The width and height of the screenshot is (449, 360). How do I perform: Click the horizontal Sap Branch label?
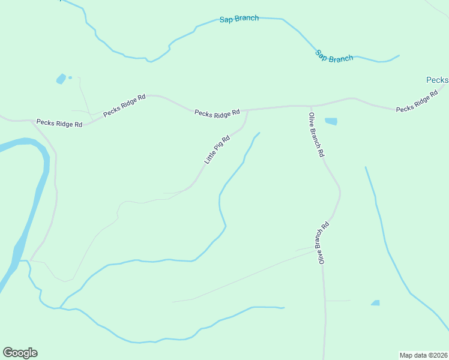pyautogui.click(x=240, y=19)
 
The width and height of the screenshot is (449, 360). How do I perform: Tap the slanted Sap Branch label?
pyautogui.click(x=334, y=56)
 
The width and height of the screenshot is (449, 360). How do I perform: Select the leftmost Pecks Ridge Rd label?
pyautogui.click(x=59, y=123)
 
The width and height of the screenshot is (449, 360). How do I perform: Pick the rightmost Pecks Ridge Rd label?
pyautogui.click(x=417, y=103)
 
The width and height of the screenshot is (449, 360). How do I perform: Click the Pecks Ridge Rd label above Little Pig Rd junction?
pyautogui.click(x=217, y=112)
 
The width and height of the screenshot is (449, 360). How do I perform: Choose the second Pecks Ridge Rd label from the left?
pyautogui.click(x=124, y=105)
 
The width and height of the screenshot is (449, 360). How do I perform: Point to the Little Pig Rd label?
pyautogui.click(x=217, y=150)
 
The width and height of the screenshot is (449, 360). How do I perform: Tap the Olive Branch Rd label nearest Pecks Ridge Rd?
pyautogui.click(x=316, y=134)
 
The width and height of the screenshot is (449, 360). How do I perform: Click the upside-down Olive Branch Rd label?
pyautogui.click(x=323, y=243)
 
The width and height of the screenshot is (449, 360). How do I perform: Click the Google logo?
pyautogui.click(x=20, y=353)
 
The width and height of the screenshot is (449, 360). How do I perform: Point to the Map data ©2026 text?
pyautogui.click(x=423, y=355)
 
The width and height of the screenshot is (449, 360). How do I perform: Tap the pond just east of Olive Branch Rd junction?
pyautogui.click(x=331, y=121)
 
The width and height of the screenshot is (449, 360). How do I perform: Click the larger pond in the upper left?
pyautogui.click(x=61, y=79)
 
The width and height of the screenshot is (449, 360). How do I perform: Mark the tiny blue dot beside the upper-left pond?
pyautogui.click(x=70, y=77)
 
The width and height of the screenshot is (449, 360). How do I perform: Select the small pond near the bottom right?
pyautogui.click(x=375, y=303)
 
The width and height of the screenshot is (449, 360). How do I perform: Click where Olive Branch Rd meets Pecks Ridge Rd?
pyautogui.click(x=312, y=107)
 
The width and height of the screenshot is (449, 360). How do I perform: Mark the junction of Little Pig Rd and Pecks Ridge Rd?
pyautogui.click(x=247, y=110)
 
